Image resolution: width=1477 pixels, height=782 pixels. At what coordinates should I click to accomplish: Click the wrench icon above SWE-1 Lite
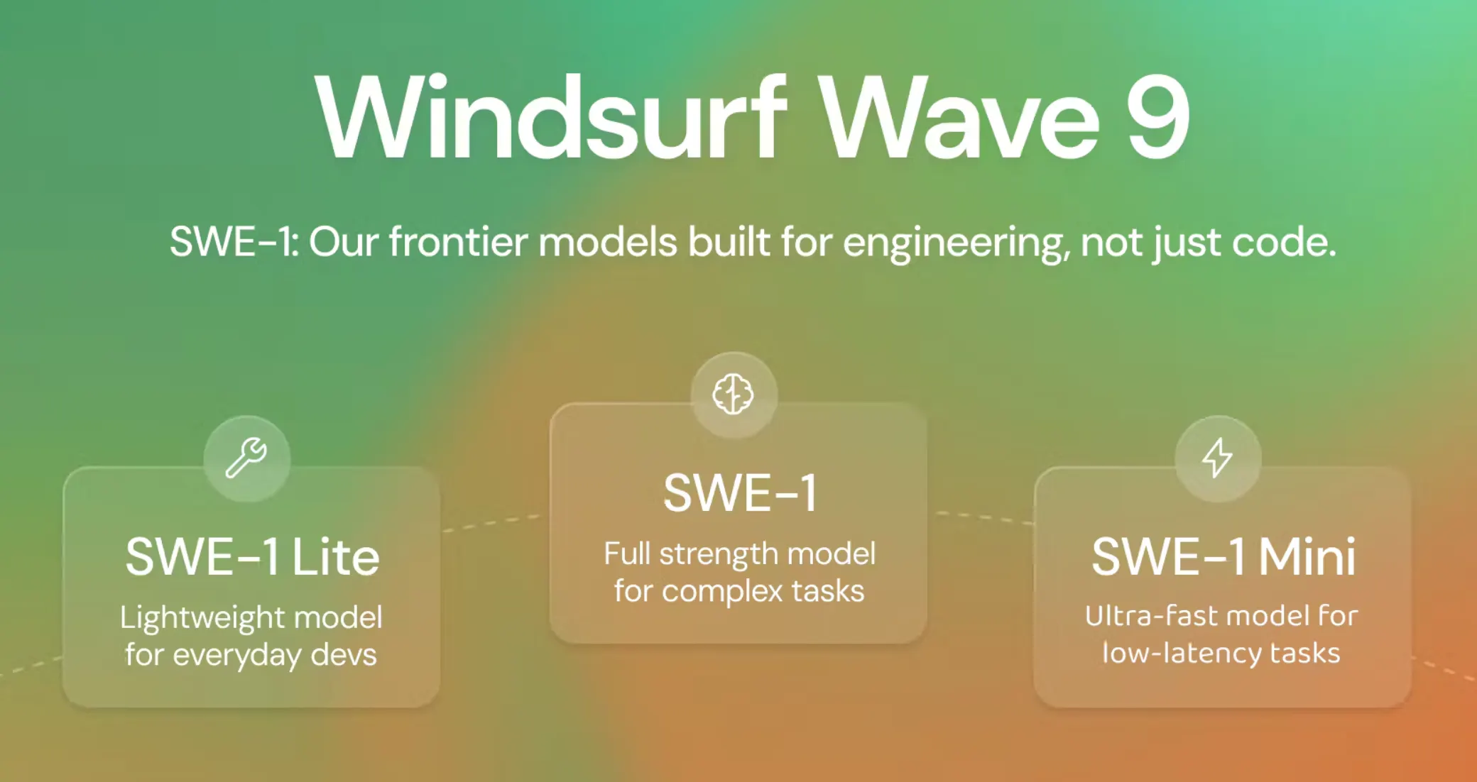pos(246,458)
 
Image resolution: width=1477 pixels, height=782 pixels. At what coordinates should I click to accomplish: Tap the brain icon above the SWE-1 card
pos(734,394)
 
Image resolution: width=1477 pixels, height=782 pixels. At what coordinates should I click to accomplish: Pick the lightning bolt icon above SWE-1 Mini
pos(1218,457)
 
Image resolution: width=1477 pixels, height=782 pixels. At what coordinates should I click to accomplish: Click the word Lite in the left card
pos(335,557)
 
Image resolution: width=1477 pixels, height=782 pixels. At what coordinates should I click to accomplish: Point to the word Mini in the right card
pos(1307,556)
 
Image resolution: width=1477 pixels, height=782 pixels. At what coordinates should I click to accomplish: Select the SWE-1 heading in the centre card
pos(740,493)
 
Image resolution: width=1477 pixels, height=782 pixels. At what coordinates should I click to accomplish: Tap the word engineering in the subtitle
pos(957,243)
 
